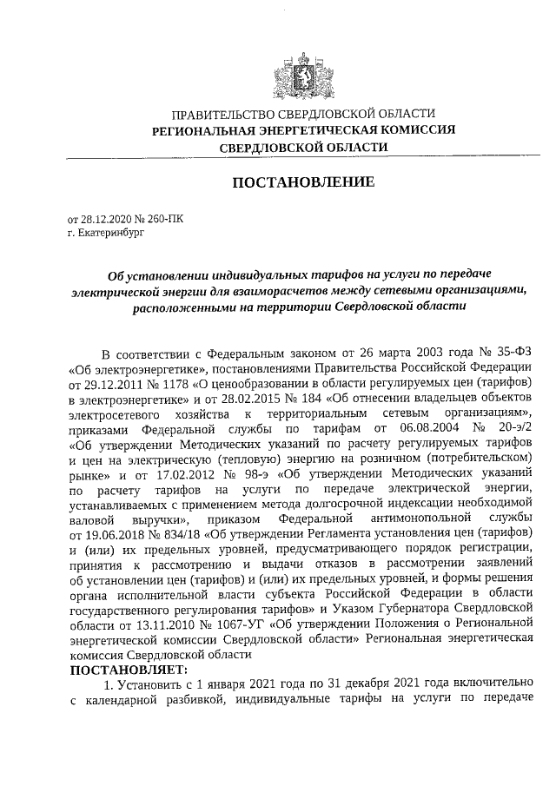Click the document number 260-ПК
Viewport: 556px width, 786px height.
(x=163, y=221)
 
